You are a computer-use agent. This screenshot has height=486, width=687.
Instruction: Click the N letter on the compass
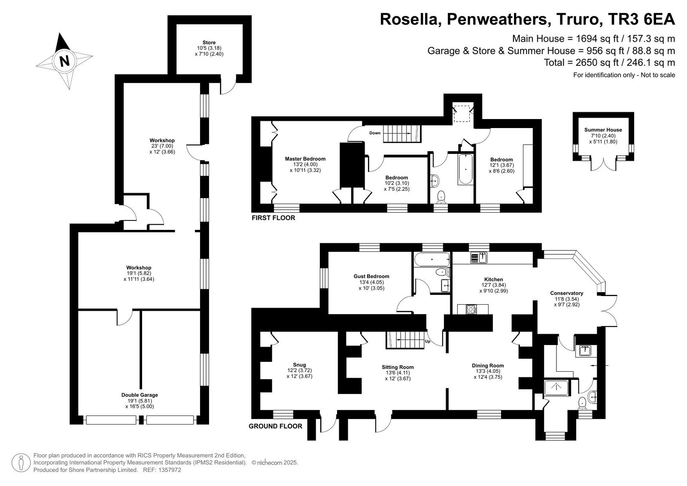click(x=64, y=61)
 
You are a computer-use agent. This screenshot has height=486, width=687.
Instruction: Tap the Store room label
click(x=209, y=43)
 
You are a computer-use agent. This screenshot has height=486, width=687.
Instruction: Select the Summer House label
click(x=603, y=130)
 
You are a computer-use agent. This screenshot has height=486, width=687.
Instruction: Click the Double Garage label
click(x=140, y=395)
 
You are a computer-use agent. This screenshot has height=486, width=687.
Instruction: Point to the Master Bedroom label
click(x=305, y=159)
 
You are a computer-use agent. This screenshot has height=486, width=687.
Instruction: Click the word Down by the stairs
click(x=375, y=133)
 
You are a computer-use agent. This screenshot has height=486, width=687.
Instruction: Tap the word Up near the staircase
click(x=428, y=341)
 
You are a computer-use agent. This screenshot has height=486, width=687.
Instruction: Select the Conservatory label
click(x=566, y=293)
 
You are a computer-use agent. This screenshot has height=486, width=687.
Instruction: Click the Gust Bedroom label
click(x=371, y=276)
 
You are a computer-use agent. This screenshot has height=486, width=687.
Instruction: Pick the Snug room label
click(x=299, y=365)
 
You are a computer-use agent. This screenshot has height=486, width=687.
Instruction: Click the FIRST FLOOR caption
click(x=273, y=218)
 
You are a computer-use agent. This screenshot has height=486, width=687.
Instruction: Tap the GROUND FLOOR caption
click(x=275, y=426)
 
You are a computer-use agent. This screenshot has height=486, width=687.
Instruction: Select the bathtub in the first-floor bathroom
click(x=465, y=169)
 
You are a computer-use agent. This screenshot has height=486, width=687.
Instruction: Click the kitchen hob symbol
click(x=471, y=309)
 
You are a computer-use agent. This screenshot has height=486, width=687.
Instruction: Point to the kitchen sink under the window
click(x=479, y=257)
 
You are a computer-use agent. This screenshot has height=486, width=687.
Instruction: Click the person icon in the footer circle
click(x=21, y=463)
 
